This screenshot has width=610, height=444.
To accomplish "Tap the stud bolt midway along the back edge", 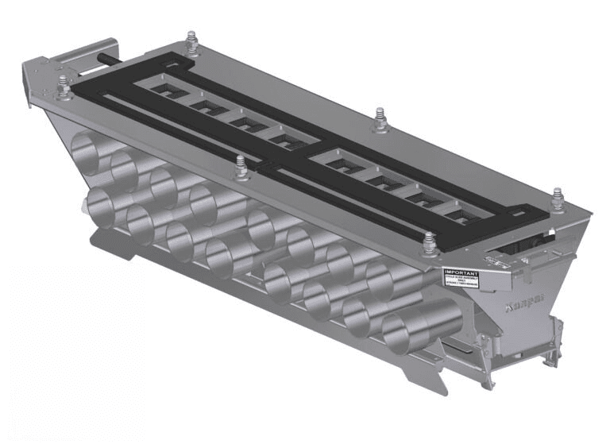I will click(x=380, y=118).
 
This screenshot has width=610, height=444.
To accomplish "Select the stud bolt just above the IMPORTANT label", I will click(x=430, y=242).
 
